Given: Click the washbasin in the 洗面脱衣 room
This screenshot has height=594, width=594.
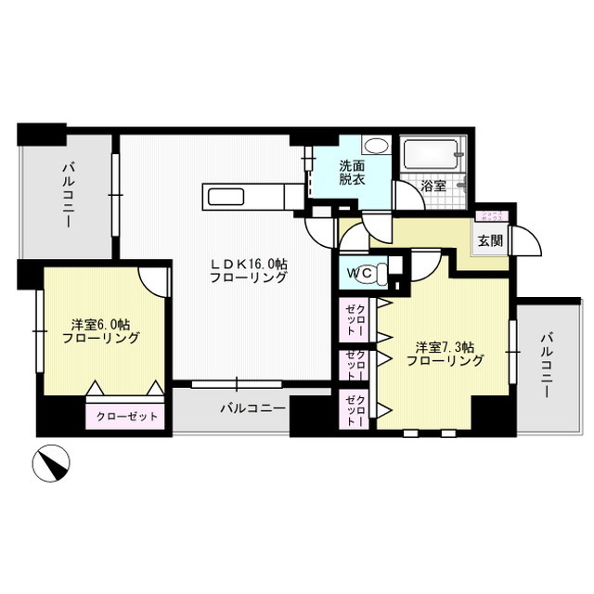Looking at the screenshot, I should click(376, 146).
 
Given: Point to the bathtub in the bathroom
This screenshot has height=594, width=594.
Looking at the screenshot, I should click(431, 153).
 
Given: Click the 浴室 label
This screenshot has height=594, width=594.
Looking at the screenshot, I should click(433, 186).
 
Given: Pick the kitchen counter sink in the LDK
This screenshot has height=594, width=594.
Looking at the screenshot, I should click(226, 196).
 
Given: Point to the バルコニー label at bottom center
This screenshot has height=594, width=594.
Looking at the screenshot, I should click(252, 407).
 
